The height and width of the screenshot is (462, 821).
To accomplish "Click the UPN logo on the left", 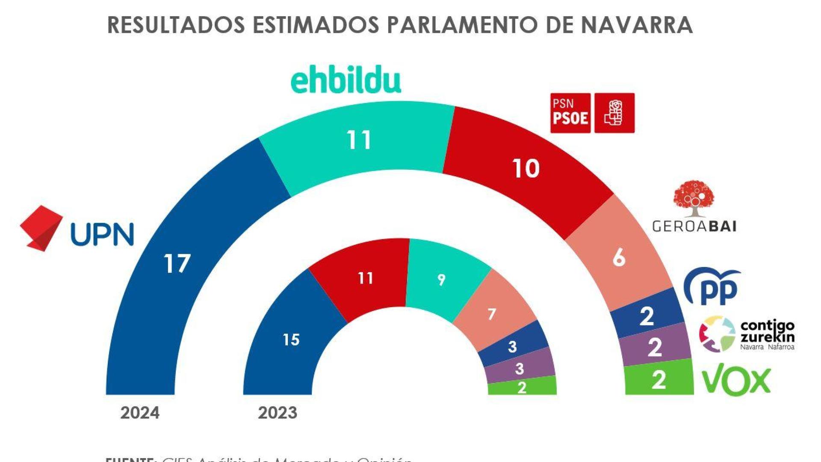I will tap(77, 228).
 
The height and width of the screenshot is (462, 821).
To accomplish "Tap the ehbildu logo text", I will tap(346, 82).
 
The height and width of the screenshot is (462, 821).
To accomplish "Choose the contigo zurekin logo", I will tap(747, 334).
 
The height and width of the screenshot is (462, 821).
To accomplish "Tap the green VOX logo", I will tap(736, 379).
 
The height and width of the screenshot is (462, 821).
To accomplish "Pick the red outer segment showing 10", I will tap(526, 169).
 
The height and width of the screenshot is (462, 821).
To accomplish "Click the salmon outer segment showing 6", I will tap(619, 258).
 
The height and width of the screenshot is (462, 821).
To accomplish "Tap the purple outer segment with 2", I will tap(655, 347).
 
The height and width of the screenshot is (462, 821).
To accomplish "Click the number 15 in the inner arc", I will tap(291, 340).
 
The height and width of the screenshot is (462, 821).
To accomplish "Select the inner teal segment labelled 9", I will tap(441, 280).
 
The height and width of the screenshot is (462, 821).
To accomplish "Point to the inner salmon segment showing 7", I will tap(492, 314).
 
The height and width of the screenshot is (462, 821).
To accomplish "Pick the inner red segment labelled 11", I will tap(366, 278).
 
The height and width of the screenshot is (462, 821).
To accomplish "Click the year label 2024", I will tap(140, 413).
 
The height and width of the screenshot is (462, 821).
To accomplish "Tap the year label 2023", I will tap(278, 413).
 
